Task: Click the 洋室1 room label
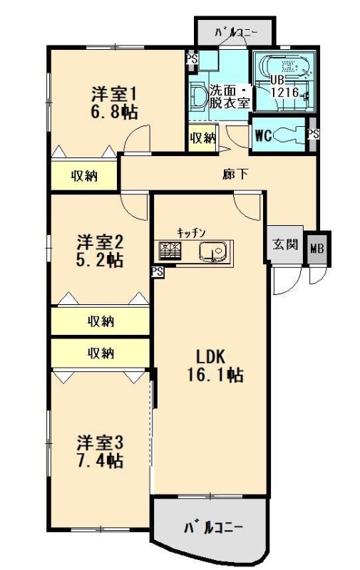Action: (x=113, y=95)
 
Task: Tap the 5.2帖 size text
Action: (x=99, y=260)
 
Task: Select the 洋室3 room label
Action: (x=100, y=443)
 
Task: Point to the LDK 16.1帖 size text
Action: (x=215, y=375)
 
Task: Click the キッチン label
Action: (x=192, y=233)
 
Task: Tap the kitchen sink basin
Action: (x=213, y=252)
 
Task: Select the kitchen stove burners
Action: (x=170, y=251)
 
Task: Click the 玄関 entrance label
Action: (x=285, y=244)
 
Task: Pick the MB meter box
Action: (x=317, y=249)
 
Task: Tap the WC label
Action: (x=263, y=135)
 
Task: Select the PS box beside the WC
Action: (x=313, y=134)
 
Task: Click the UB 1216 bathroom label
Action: (x=284, y=86)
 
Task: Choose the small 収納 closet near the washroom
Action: (x=202, y=138)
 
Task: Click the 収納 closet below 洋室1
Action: (x=84, y=176)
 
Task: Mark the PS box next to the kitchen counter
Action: (x=158, y=271)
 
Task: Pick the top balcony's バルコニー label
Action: (x=236, y=33)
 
